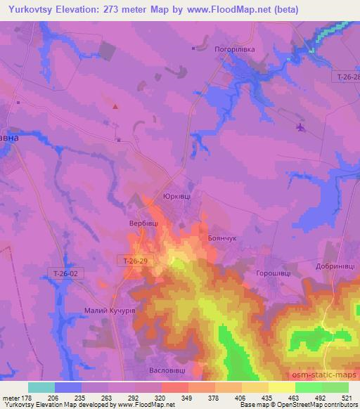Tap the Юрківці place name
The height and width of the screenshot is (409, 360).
point(176,197)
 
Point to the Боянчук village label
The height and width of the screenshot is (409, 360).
point(224,238)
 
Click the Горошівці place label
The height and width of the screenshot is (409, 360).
point(274,273)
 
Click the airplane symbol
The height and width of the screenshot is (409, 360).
point(301,127)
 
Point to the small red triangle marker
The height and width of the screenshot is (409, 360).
point(115,107)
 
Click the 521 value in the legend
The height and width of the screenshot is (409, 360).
point(348,397)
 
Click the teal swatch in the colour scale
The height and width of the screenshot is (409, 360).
point(41,387)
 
